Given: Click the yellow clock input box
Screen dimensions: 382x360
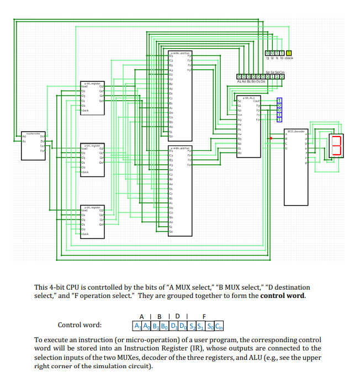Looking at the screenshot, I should tap(288, 53).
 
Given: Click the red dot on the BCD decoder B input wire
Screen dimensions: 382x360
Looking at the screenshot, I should tap(271, 138).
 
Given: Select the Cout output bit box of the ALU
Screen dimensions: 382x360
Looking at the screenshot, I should tap(279, 100).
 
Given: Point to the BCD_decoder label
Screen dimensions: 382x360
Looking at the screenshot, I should tap(296, 131).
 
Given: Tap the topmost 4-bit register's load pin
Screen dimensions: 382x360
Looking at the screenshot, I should tap(84, 87).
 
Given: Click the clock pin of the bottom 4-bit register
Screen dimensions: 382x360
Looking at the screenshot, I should tap(86, 234).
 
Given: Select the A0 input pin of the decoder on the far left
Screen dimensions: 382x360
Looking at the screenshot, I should tap(24, 136).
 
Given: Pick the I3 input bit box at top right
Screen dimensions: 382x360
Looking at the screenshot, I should tap(268, 53).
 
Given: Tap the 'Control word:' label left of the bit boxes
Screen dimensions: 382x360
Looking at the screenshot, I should tap(83, 325).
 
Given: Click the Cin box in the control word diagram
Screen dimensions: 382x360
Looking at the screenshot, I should tap(219, 325).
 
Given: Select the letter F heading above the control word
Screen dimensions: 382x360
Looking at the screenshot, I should tap(204, 316).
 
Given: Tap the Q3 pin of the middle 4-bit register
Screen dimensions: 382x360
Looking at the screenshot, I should tap(101, 149).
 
